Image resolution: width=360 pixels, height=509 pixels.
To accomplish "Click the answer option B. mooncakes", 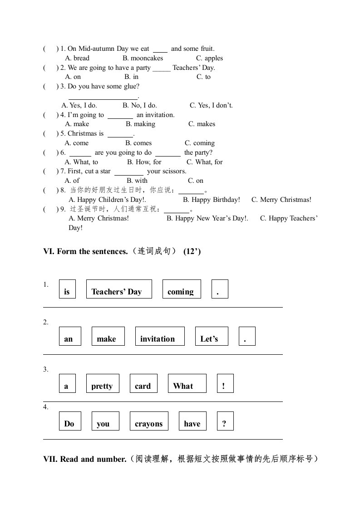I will pos(143,58).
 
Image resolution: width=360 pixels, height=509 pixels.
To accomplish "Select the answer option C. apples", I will pos(209,58).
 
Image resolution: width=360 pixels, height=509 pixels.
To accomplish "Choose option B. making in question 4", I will pos(140,124).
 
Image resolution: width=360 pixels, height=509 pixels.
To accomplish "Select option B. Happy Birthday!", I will pos(211,200).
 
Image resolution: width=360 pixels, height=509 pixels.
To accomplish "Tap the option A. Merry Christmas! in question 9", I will pos(99,218).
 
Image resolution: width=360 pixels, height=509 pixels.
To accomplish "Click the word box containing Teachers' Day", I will pos(119,289).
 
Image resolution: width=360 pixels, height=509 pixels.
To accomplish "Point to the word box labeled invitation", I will pos(160,336).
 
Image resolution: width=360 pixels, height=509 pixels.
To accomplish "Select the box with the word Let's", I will pos(212,336).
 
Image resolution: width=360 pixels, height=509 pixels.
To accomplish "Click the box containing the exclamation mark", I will pos(225,383).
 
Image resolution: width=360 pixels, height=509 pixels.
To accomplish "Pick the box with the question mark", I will pos(225,421).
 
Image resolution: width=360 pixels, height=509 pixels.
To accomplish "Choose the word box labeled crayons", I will pos(149,421).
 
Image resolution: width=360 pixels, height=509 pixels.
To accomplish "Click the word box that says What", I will pos(187,383).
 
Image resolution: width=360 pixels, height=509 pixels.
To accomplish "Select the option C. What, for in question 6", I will pos(205,162).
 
